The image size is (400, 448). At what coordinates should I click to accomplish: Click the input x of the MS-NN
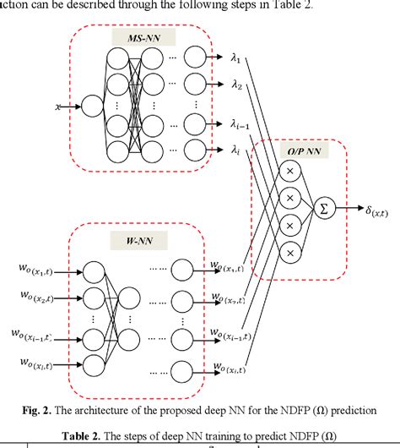point(57,107)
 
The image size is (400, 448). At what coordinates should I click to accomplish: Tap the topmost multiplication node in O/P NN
point(291,172)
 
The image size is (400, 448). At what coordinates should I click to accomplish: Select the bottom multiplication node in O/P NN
point(291,251)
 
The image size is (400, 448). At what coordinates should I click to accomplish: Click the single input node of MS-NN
point(91,107)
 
